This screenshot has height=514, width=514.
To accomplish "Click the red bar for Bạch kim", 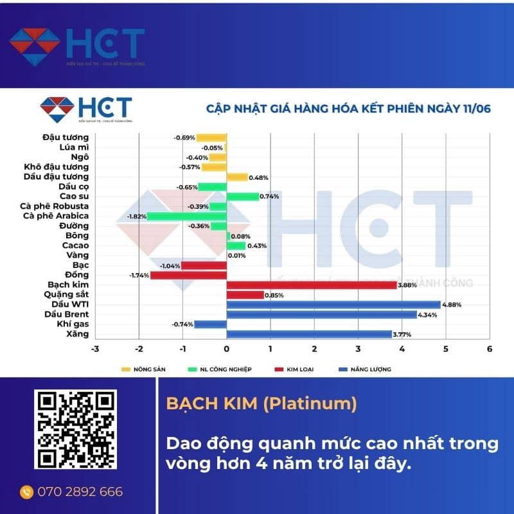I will click(312, 285).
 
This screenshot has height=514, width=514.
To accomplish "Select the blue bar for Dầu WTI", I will click(333, 305).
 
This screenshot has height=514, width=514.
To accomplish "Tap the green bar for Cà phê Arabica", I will click(187, 216).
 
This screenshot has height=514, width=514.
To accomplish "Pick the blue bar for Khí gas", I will click(210, 324).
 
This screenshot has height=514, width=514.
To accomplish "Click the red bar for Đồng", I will click(188, 275).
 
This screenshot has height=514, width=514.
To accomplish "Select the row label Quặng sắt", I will click(67, 295).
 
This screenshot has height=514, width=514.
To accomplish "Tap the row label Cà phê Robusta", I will click(58, 206).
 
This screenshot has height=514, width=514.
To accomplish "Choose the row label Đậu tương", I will click(66, 137).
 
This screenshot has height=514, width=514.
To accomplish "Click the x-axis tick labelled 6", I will click(490, 349).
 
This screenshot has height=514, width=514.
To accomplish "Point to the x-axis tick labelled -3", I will click(95, 349).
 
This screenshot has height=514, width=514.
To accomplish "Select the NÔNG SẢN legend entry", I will click(142, 369).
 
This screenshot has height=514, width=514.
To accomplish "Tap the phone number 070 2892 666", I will click(80, 492).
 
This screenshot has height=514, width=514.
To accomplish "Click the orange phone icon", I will click(26, 492).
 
